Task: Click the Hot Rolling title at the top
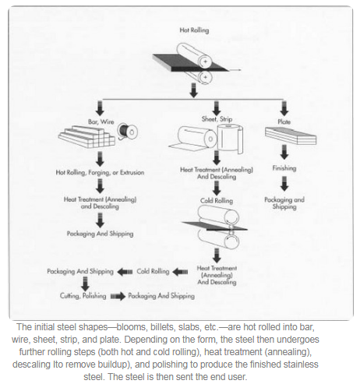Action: pos(194,30)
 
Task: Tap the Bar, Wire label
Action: pos(101,122)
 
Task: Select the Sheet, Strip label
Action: pos(217,119)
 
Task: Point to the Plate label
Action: pos(284,122)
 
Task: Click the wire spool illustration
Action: pos(127,131)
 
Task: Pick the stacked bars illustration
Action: pos(86,137)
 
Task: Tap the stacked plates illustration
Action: pos(291,136)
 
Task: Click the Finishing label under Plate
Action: pos(284,168)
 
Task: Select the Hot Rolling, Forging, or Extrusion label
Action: pos(100,172)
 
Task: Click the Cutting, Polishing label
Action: pos(83,296)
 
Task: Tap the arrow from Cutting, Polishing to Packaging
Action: pos(118,296)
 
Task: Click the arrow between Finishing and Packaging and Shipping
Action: pos(284,184)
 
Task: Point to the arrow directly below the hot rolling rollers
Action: pos(193,90)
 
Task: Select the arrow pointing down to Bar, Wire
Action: pos(100,108)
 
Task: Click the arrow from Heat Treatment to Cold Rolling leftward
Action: pos(180,272)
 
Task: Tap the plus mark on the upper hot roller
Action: pos(205,62)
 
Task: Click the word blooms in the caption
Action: pos(127,327)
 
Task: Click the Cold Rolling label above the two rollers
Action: pos(217,201)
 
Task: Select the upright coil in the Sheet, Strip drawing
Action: pos(230,139)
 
